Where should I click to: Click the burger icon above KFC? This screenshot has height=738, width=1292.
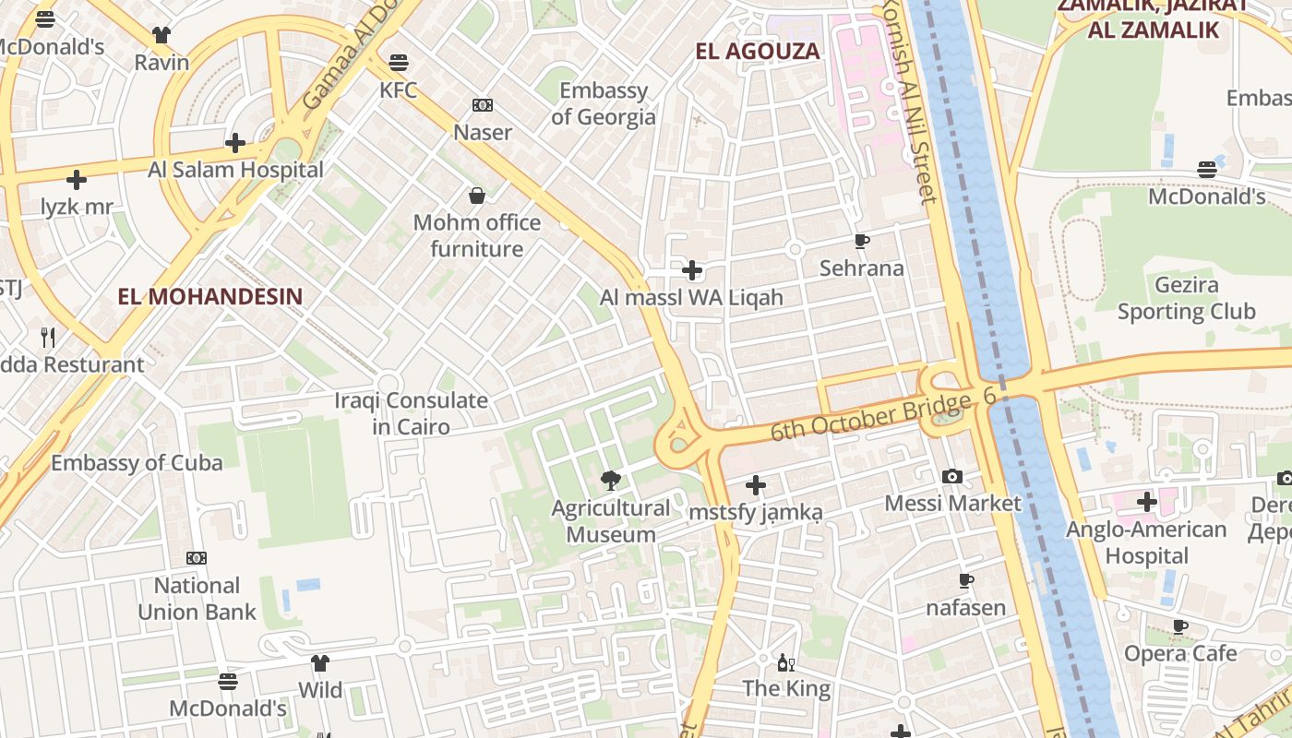click(399, 63)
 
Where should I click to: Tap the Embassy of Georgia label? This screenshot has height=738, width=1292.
click(604, 104)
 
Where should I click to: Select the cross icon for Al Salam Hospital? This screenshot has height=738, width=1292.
click(235, 143)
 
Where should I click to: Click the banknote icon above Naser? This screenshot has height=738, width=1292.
click(483, 105)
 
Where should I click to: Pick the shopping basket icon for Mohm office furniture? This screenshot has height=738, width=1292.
click(477, 196)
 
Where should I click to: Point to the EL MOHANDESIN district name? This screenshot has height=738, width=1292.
click(210, 296)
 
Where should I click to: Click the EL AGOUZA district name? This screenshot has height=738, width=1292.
click(758, 52)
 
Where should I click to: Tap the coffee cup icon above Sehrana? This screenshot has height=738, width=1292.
click(862, 242)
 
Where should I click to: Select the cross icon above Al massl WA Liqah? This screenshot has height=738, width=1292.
click(691, 270)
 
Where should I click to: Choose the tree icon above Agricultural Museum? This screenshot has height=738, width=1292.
click(610, 480)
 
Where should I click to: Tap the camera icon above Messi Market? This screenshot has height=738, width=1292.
click(952, 476)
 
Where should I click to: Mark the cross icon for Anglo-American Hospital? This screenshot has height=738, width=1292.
click(1147, 502)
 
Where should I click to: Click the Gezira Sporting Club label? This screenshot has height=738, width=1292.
click(1187, 299)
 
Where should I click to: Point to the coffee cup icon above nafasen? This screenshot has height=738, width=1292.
click(966, 581)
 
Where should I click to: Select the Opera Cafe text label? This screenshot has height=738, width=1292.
click(1180, 653)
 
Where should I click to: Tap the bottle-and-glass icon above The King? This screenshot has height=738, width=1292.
click(786, 662)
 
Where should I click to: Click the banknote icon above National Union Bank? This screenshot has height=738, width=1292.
click(197, 558)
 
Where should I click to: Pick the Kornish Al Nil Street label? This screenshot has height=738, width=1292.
click(909, 101)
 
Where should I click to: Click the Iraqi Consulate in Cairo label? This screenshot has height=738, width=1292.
click(411, 413)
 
